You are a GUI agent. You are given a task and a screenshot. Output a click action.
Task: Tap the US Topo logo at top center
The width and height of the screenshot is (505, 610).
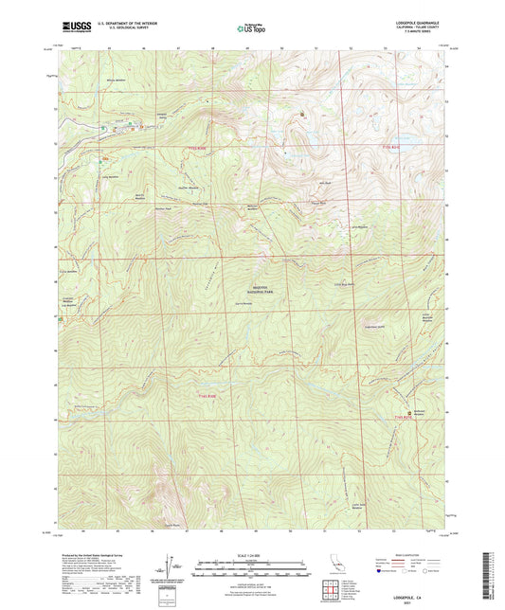click(x=252, y=28)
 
